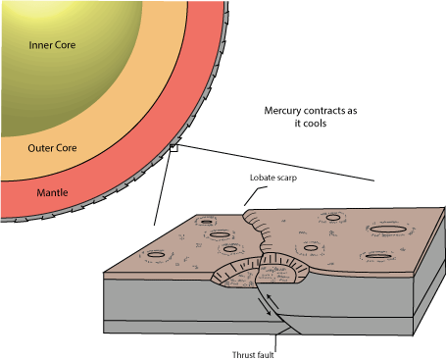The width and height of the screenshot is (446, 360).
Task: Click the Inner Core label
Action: point(52,45)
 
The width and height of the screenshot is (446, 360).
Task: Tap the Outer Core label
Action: point(52,148)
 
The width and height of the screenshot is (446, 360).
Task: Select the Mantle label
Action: point(52,192)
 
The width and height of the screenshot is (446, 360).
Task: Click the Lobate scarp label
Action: point(273,178)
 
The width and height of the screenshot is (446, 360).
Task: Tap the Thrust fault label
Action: point(253,355)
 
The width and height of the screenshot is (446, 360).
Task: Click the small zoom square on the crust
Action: point(173,148)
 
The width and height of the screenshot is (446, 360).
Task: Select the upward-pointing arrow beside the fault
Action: point(273,301)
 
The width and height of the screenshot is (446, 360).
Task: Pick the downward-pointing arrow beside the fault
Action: point(265,307)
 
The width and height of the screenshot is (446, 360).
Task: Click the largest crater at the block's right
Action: point(387,229)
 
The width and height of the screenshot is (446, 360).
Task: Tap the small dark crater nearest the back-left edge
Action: point(207,222)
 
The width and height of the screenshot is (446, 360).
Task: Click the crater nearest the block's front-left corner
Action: point(156,254)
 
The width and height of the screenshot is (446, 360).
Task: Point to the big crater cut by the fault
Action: point(260,272)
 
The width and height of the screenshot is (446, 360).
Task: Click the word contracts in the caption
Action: point(324,111)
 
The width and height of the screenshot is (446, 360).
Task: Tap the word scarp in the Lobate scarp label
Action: point(285,179)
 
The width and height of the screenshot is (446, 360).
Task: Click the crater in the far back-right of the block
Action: point(332,218)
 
